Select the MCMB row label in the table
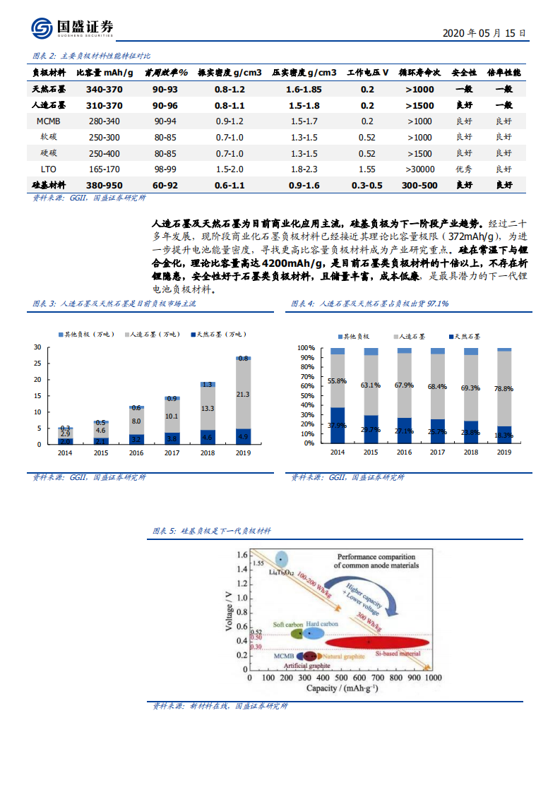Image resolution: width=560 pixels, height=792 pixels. [49, 121]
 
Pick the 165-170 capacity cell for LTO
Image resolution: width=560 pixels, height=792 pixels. [104, 169]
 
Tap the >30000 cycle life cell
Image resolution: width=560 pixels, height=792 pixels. [419, 169]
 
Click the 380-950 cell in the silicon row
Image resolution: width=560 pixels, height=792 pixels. [104, 186]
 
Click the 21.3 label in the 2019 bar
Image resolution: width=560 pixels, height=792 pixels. [243, 395]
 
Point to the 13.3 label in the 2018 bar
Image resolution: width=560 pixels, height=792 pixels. [208, 408]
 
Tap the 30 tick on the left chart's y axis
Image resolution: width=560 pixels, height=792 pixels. [37, 347]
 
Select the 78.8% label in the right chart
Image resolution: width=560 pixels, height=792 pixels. [504, 389]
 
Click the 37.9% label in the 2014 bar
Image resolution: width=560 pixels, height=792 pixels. [338, 426]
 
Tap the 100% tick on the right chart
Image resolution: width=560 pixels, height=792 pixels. [305, 348]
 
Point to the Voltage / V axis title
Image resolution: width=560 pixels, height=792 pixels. [228, 607]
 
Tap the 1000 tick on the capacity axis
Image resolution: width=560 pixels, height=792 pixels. [431, 678]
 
